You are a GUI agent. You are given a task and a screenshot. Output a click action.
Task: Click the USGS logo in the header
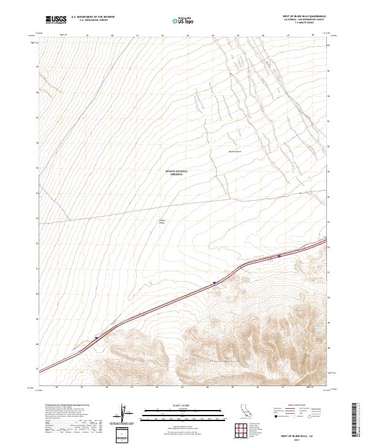click(56, 20)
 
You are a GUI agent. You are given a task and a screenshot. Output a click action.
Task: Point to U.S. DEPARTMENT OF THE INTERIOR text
click(93, 17)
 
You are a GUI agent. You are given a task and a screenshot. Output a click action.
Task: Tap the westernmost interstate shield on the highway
click(96, 337)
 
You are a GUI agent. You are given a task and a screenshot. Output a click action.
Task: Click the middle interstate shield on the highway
click(215, 283)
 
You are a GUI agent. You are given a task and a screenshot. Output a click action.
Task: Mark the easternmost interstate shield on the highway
click(280, 256)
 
